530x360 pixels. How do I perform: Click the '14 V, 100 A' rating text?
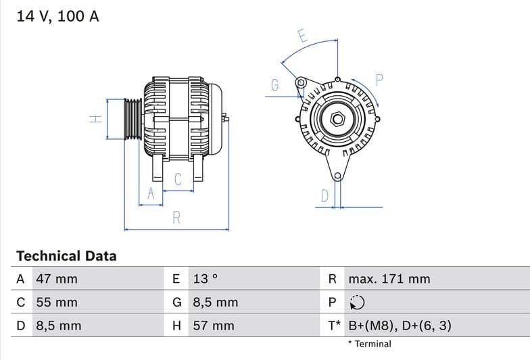tap(57, 16)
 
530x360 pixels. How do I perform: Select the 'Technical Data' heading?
tap(66, 256)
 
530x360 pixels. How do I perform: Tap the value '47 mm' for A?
tap(57, 279)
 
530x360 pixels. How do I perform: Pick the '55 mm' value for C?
tap(57, 303)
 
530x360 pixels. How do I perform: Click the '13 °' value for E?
tap(206, 279)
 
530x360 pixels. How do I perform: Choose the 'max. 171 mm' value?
tap(389, 279)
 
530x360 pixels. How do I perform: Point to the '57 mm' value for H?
tap(214, 326)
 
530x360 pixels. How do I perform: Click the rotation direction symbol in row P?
tap(357, 303)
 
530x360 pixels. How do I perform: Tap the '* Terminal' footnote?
tap(369, 344)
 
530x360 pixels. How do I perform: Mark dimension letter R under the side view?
tap(176, 218)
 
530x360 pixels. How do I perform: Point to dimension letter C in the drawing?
tap(178, 180)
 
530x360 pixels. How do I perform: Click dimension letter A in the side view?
tap(151, 194)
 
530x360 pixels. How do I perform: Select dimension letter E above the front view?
tap(303, 36)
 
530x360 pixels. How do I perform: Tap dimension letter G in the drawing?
tap(275, 85)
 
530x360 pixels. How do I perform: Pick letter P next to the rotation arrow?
tap(379, 80)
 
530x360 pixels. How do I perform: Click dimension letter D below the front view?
tap(325, 196)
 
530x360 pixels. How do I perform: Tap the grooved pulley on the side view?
tap(132, 120)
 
